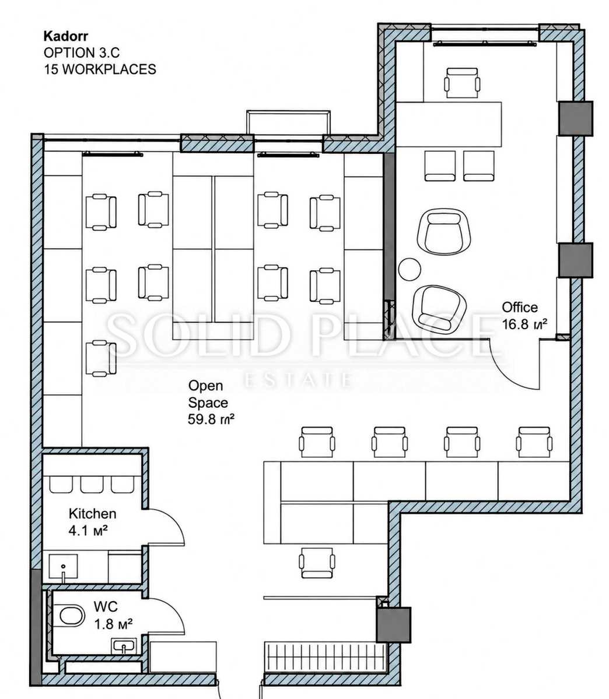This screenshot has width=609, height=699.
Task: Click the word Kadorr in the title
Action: tap(66, 36)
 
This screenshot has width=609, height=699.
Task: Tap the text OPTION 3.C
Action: tap(82, 52)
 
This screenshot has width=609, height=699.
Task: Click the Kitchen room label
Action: tap(92, 514)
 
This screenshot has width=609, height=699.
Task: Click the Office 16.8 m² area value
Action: tap(524, 324)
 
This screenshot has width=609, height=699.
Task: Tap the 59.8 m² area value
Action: tap(211, 419)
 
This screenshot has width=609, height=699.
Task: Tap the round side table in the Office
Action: tap(409, 269)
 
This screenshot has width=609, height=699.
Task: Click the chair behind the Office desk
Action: tap(462, 83)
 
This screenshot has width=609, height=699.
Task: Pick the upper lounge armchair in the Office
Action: tap(444, 231)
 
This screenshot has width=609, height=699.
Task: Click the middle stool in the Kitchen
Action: tap(92, 485)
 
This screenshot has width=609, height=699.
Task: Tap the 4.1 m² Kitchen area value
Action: tap(88, 531)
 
